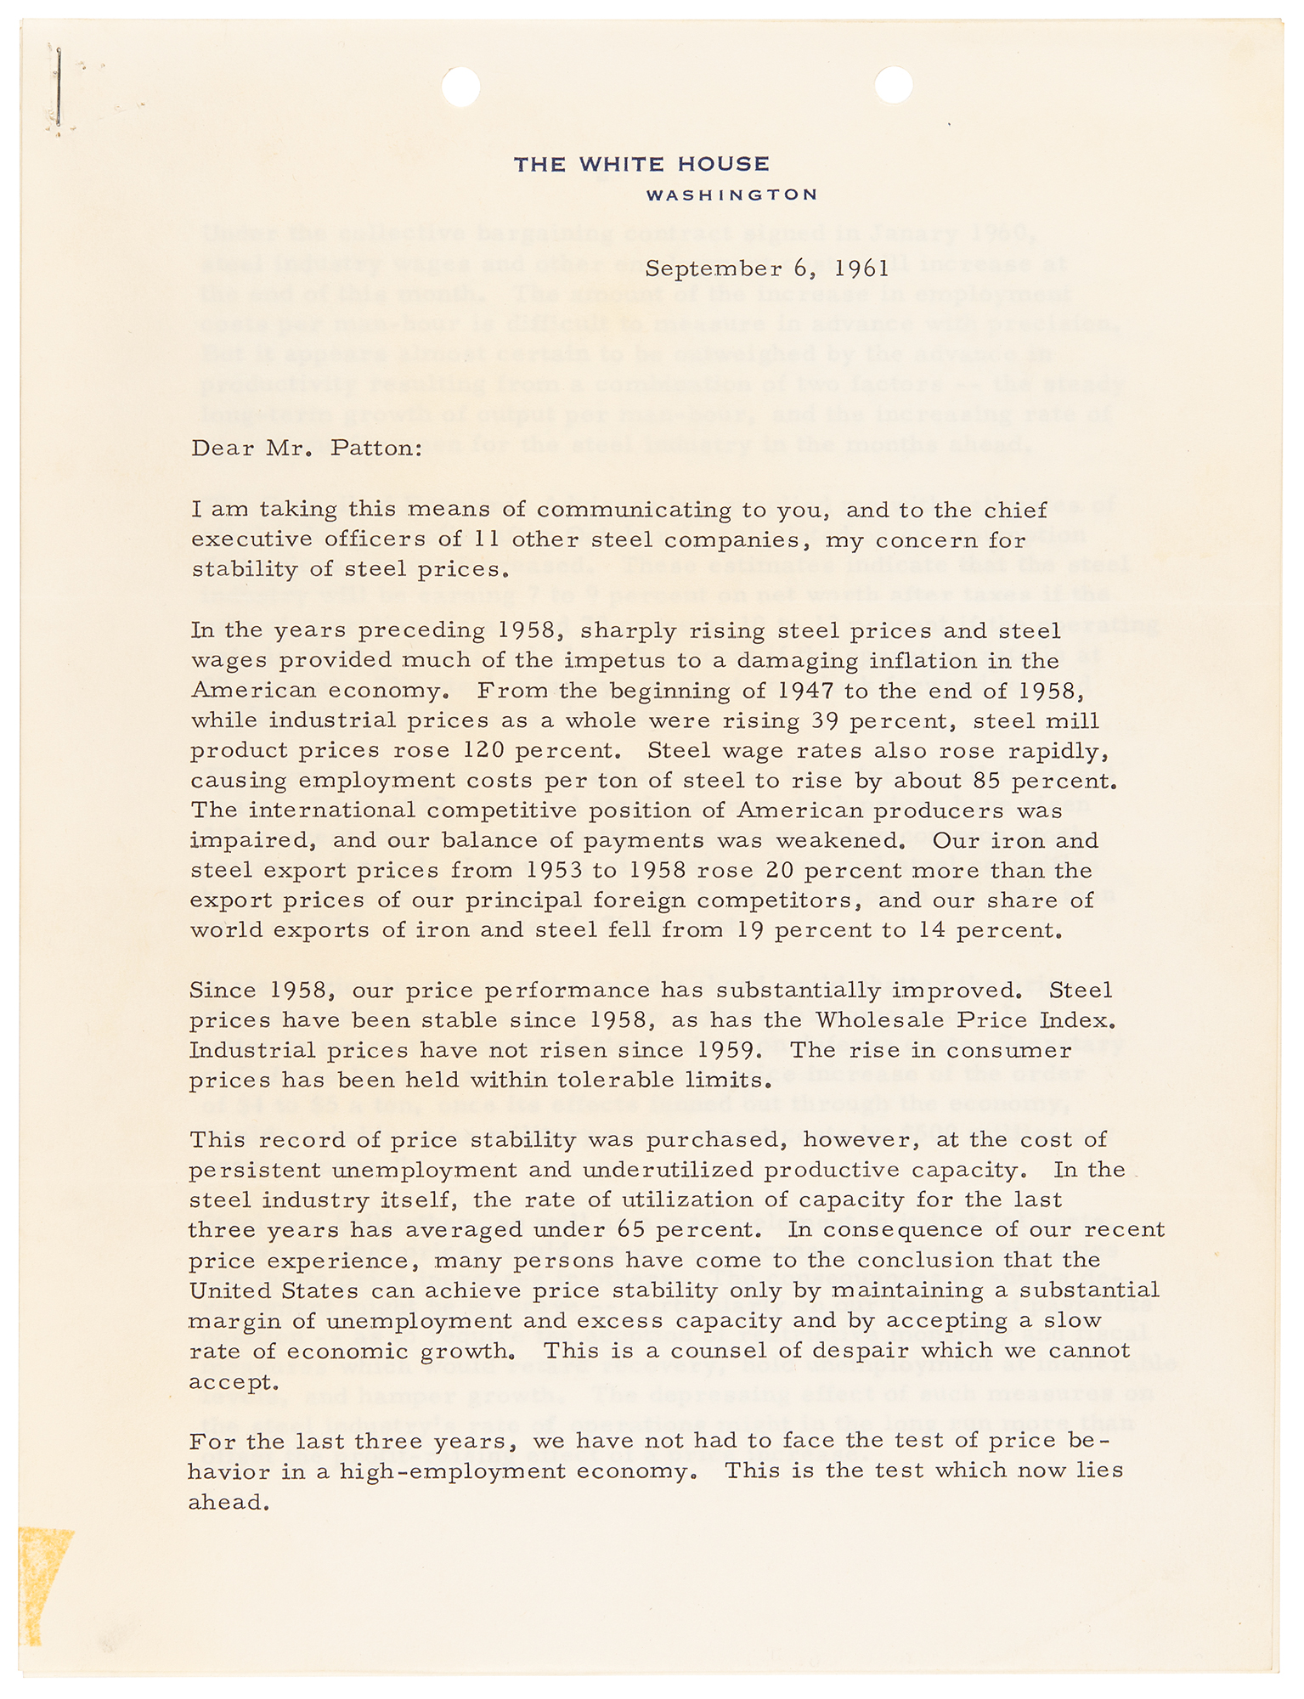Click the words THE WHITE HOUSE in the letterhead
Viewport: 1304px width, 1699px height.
coord(641,164)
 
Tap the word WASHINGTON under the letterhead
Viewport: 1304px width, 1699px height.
coord(731,195)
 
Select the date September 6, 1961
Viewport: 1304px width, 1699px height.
coord(767,269)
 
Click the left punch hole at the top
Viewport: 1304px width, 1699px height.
coord(461,87)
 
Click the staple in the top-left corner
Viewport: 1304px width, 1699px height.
coord(59,89)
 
